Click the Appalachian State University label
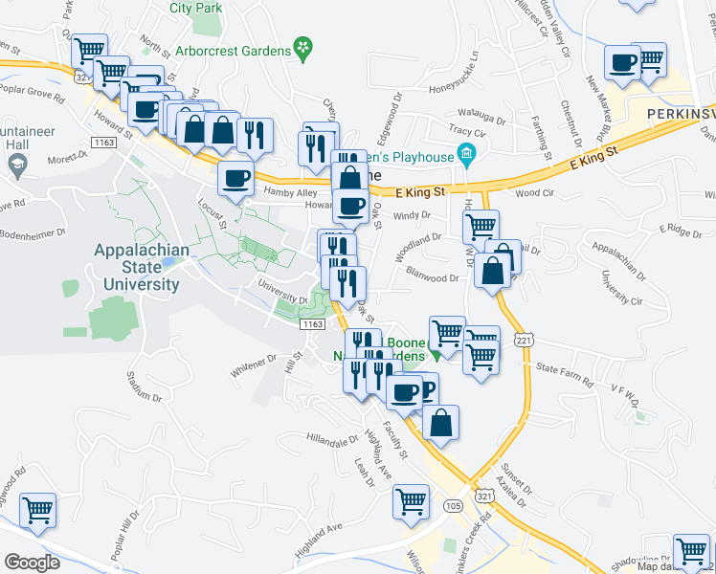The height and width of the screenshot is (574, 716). coord(136,267)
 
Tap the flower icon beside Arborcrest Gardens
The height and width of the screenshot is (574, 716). coord(302,46)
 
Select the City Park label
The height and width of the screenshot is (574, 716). coord(195,8)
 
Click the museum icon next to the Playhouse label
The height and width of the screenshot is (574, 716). coord(466,153)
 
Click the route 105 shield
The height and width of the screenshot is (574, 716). coord(454,504)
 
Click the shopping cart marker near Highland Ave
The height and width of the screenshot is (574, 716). coord(412,500)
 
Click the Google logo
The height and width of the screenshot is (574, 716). coord(32,563)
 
